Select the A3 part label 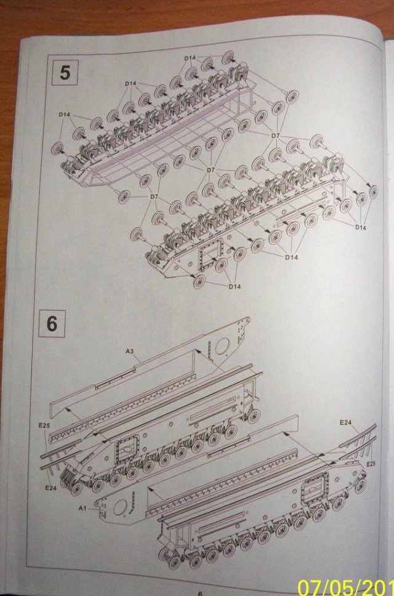130,351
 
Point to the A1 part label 83,508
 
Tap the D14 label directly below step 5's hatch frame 234,286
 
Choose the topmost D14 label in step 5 190,58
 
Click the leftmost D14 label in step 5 65,115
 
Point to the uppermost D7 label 275,135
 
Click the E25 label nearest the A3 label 43,425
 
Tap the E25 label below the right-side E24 371,462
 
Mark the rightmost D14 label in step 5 360,228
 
